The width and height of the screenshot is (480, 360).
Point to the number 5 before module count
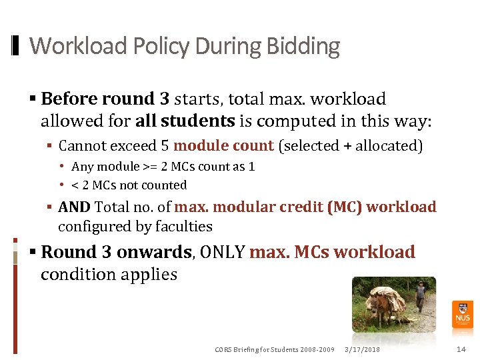pyautogui.click(x=165, y=146)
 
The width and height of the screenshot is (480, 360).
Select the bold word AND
pyautogui.click(x=73, y=207)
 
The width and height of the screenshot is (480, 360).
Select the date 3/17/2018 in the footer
pyautogui.click(x=363, y=349)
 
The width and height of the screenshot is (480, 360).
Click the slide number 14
pyautogui.click(x=461, y=349)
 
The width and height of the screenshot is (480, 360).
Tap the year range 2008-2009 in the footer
pyautogui.click(x=317, y=349)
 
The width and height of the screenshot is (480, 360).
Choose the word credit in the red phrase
pyautogui.click(x=293, y=207)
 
